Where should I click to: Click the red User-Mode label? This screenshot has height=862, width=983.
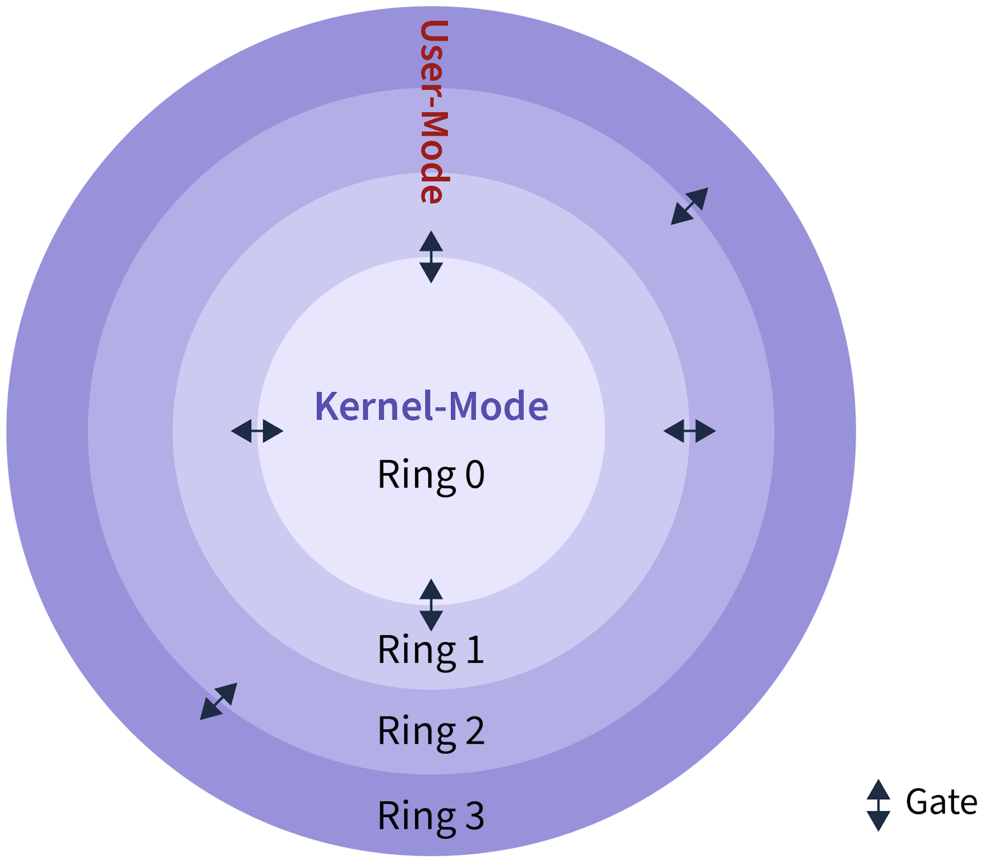pyautogui.click(x=433, y=112)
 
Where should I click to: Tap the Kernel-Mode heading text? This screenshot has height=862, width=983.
pyautogui.click(x=431, y=406)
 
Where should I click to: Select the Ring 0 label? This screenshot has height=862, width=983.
pyautogui.click(x=431, y=475)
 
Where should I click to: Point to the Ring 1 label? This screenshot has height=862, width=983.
pyautogui.click(x=431, y=649)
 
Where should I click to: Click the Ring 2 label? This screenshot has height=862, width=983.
pyautogui.click(x=431, y=730)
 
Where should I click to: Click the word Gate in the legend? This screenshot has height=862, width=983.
pyautogui.click(x=941, y=802)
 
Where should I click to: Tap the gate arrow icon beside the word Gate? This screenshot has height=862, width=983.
pyautogui.click(x=878, y=805)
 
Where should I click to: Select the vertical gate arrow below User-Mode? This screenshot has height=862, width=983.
pyautogui.click(x=431, y=256)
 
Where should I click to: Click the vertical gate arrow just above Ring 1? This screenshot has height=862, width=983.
pyautogui.click(x=431, y=605)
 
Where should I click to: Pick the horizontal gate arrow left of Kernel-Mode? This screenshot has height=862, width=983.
pyautogui.click(x=257, y=431)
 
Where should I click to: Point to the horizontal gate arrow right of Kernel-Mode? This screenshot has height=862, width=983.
pyautogui.click(x=689, y=431)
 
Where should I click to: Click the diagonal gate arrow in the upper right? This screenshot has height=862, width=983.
pyautogui.click(x=689, y=206)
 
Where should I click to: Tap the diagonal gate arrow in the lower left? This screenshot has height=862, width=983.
pyautogui.click(x=218, y=701)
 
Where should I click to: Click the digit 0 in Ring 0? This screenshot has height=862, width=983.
pyautogui.click(x=475, y=475)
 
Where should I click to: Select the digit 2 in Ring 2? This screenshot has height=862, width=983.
pyautogui.click(x=474, y=730)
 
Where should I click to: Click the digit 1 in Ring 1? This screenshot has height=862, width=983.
pyautogui.click(x=474, y=649)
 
